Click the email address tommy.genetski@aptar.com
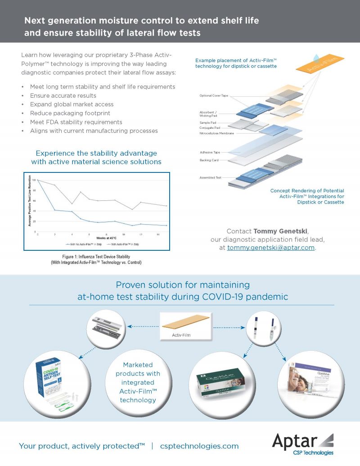point(271,248)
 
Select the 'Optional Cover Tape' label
point(215,96)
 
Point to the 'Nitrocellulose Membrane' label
point(217,133)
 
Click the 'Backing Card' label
point(209,160)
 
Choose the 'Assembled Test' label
point(210,177)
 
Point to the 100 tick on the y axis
point(33,180)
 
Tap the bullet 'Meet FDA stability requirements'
point(76,122)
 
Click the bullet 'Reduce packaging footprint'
point(70,113)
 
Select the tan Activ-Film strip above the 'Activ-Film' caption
point(186,321)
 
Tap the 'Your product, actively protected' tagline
point(81,446)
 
